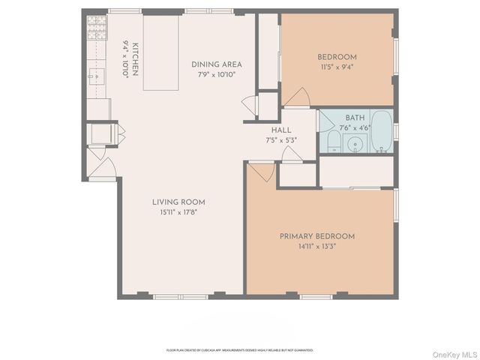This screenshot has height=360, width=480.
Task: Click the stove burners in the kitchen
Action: tap(97, 29)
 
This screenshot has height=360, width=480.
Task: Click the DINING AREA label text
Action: tap(216, 64)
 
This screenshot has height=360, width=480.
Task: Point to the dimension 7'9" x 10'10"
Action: tap(216, 75)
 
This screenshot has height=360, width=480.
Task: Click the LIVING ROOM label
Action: tap(178, 202)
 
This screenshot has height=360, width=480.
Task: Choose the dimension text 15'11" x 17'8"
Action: tap(178, 212)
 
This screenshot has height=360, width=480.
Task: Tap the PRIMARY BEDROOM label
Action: tap(317, 236)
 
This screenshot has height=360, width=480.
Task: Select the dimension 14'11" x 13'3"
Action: tap(317, 247)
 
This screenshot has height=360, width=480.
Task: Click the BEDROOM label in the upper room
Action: tap(337, 57)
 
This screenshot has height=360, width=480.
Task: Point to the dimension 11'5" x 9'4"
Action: tap(337, 67)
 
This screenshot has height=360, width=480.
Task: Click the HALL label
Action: tap(281, 130)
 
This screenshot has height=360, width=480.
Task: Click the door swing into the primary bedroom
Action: tap(262, 172)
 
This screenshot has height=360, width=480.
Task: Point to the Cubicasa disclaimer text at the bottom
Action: tap(239, 349)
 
